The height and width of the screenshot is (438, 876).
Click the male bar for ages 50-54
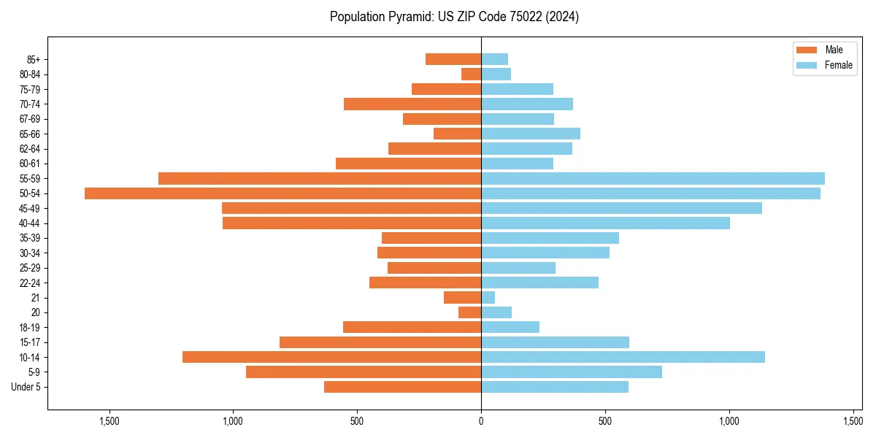[283, 193]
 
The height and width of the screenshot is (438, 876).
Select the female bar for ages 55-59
[653, 178]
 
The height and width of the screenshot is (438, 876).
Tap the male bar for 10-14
[331, 357]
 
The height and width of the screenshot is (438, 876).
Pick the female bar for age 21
[488, 298]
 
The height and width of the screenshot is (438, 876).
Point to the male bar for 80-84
[471, 74]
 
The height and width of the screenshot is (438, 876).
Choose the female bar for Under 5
[554, 387]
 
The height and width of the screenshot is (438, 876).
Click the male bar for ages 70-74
[412, 104]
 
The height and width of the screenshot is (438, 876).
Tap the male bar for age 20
[469, 312]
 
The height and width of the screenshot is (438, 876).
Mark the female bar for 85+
[494, 59]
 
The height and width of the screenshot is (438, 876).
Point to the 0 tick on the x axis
[481, 421]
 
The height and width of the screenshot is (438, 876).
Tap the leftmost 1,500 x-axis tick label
[109, 421]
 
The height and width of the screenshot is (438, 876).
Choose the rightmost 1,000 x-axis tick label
[729, 421]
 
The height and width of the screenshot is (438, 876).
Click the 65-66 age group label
[30, 134]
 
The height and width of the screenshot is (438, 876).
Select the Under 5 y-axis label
[26, 387]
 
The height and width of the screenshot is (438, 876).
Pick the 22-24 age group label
[30, 283]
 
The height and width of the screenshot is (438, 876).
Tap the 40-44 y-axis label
[30, 223]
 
